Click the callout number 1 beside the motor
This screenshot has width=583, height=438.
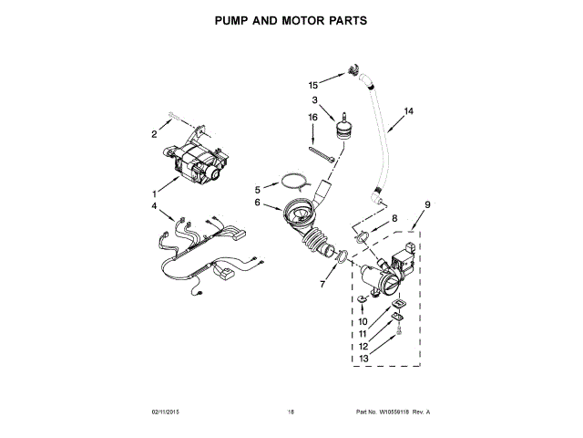coord(153,193)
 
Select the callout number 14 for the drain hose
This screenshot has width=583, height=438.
coord(408,112)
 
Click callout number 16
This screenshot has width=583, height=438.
coord(312,117)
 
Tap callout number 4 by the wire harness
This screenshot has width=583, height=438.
coord(154,207)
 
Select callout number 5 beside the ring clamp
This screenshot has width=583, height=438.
coord(258,189)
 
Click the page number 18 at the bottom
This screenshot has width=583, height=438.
coord(291,412)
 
